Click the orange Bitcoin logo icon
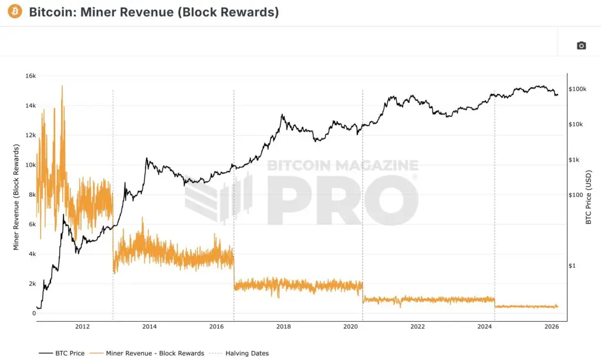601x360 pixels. coord(15,11)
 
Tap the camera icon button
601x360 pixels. coord(581,46)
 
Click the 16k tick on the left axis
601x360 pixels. coord(30,76)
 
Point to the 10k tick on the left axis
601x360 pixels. coord(30,165)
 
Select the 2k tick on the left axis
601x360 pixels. coord(31,284)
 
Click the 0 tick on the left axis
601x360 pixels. coord(34,314)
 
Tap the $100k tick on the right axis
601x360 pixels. coord(579,89)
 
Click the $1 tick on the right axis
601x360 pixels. coord(573,266)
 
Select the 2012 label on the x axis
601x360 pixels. coord(82,327)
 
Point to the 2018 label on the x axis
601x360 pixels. coord(283,327)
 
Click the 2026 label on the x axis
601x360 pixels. coord(551,327)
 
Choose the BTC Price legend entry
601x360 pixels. coord(62,354)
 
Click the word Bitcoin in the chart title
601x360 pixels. coord(48,12)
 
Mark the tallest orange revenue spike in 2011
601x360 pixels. coord(62,86)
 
